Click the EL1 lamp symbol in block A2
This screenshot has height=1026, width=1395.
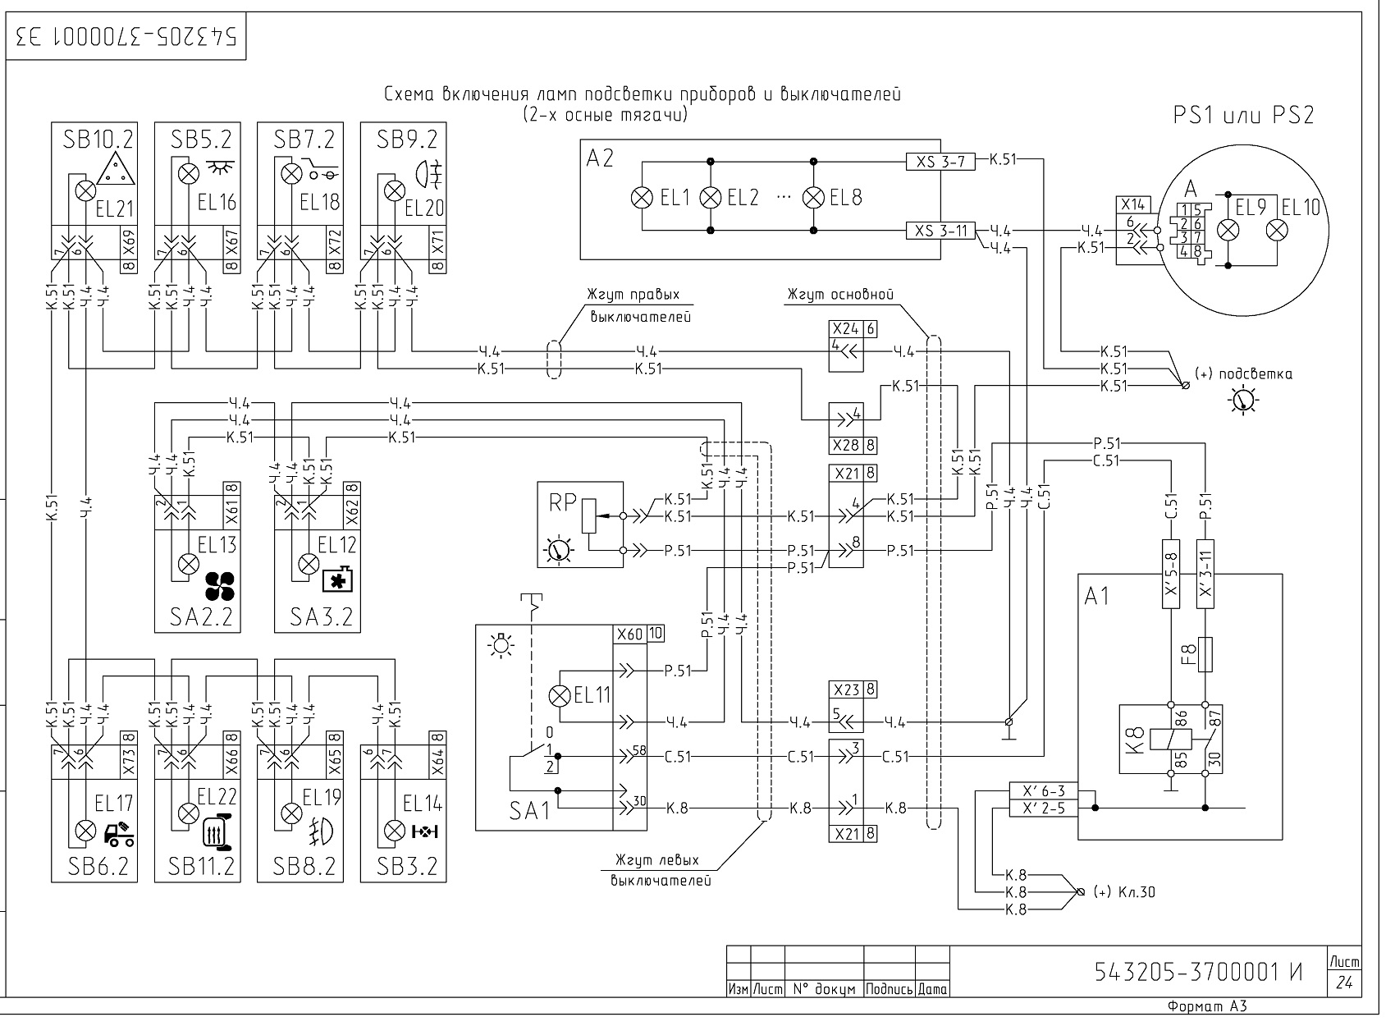pos(642,198)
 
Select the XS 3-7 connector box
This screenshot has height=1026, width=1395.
pos(940,162)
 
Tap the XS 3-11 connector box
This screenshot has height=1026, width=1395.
pos(940,231)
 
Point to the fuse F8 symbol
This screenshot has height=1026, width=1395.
pos(1205,654)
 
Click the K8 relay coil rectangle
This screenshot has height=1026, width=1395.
pos(1171,740)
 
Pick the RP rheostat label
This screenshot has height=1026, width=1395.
pos(562,502)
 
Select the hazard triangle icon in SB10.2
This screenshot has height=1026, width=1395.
pos(116,168)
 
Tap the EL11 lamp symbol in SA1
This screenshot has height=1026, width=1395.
pos(560,696)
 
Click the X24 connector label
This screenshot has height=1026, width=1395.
pos(845,329)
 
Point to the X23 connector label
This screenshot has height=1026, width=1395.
pos(846,689)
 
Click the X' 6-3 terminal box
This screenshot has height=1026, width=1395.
pos(1043,791)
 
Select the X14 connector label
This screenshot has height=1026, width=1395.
pos(1132,204)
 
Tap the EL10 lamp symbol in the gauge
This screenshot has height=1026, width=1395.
pos(1277,231)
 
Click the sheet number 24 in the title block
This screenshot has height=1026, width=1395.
pos(1344,982)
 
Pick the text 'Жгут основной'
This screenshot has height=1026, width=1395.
pos(840,295)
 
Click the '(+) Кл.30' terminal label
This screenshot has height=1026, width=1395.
pos(1124,892)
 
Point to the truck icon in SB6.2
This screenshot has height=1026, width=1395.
pos(119,834)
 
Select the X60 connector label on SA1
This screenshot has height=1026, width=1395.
pos(629,634)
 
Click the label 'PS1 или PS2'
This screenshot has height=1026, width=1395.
pos(1243,115)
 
